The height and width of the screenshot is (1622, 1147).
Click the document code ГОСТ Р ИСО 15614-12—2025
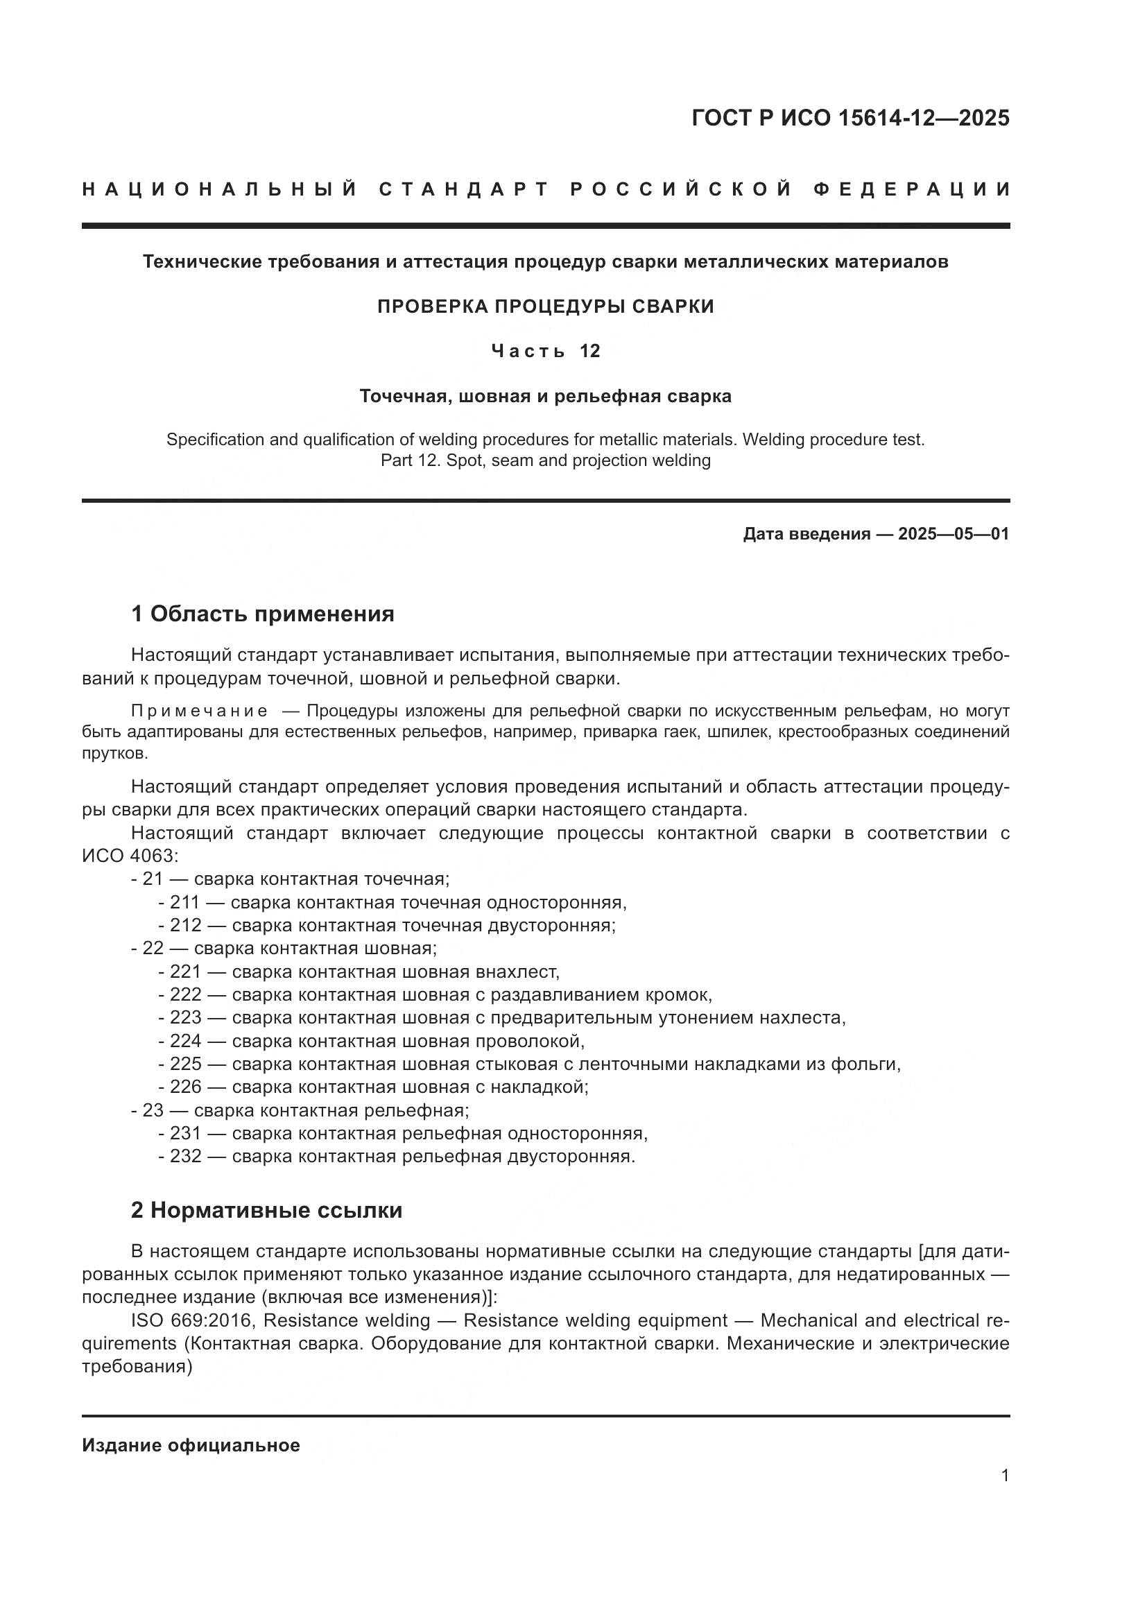pyautogui.click(x=850, y=118)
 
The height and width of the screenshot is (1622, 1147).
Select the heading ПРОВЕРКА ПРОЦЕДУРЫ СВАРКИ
pyautogui.click(x=545, y=307)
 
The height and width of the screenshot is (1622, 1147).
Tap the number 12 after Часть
pyautogui.click(x=589, y=351)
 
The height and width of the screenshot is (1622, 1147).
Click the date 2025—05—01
pyautogui.click(x=954, y=534)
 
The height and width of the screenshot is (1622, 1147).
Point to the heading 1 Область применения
pyautogui.click(x=262, y=614)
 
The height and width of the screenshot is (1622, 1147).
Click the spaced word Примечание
pyautogui.click(x=199, y=711)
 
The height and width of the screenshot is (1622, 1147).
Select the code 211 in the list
pyautogui.click(x=185, y=902)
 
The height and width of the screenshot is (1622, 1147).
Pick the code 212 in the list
pyautogui.click(x=186, y=926)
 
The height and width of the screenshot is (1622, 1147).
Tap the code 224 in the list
pyautogui.click(x=186, y=1041)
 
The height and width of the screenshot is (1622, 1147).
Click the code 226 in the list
pyautogui.click(x=186, y=1087)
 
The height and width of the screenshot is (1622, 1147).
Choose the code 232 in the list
pyautogui.click(x=186, y=1156)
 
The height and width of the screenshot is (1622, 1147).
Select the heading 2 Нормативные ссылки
pyautogui.click(x=266, y=1210)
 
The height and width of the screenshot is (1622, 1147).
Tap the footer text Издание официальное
pyautogui.click(x=191, y=1445)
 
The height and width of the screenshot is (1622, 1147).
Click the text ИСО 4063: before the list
pyautogui.click(x=130, y=856)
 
